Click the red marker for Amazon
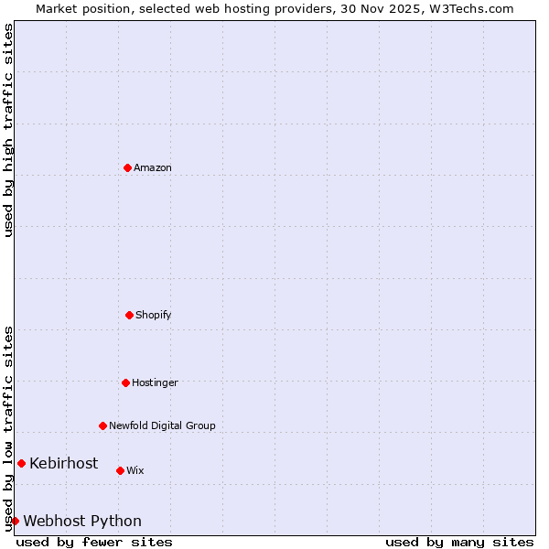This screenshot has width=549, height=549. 127,167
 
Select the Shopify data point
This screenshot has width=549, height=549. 129,315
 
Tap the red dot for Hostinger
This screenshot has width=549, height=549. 125,382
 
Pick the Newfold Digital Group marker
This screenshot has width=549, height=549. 102,425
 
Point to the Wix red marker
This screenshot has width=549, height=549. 120,470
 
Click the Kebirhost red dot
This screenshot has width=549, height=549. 21,463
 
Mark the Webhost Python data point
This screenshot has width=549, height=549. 15,521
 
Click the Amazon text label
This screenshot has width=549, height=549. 153,167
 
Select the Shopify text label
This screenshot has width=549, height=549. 154,315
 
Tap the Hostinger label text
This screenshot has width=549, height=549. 155,382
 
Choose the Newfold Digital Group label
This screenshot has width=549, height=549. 162,425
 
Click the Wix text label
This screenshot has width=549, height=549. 135,470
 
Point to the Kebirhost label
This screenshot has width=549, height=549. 63,463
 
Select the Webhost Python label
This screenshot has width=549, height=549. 82,521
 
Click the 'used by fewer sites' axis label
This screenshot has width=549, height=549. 94,542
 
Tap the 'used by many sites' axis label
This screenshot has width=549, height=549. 459,542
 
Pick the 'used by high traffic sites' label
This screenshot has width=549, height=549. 8,130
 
